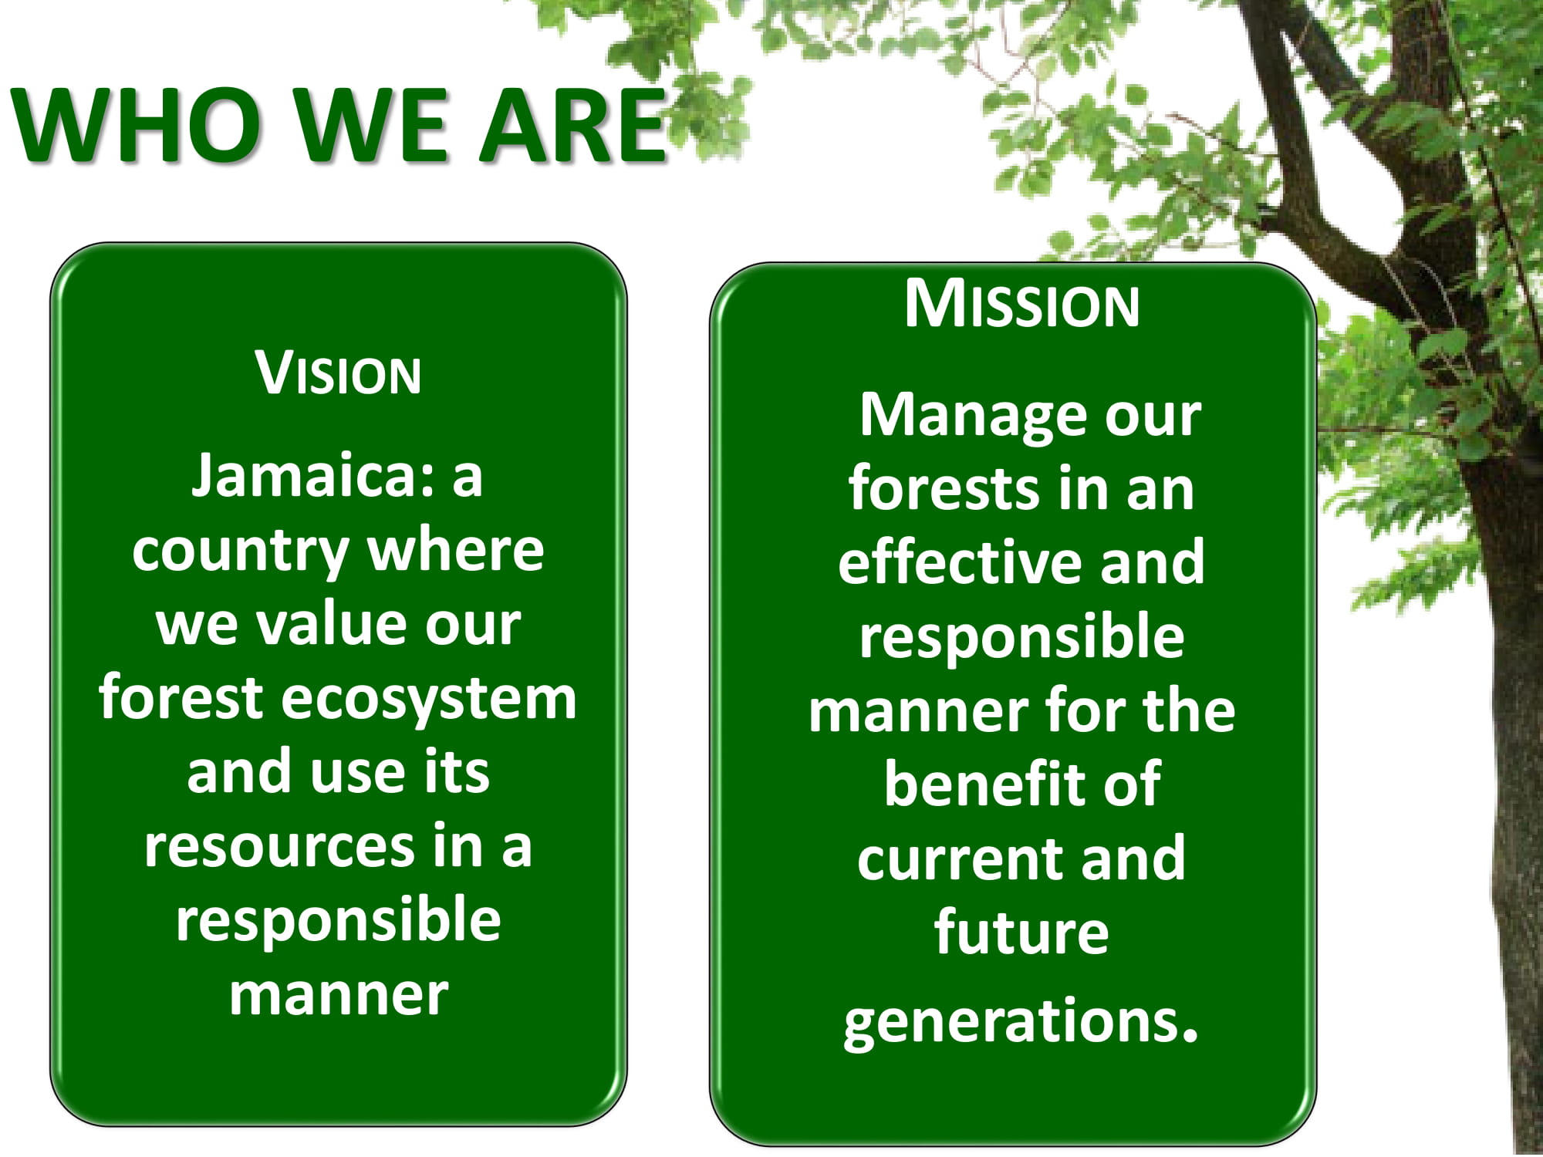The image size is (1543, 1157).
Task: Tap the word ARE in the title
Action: click(x=572, y=124)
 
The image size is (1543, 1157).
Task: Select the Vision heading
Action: click(x=339, y=373)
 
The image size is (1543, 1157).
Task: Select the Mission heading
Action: click(x=1021, y=304)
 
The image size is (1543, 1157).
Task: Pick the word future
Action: click(x=1021, y=932)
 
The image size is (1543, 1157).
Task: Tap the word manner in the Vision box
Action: click(x=339, y=995)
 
